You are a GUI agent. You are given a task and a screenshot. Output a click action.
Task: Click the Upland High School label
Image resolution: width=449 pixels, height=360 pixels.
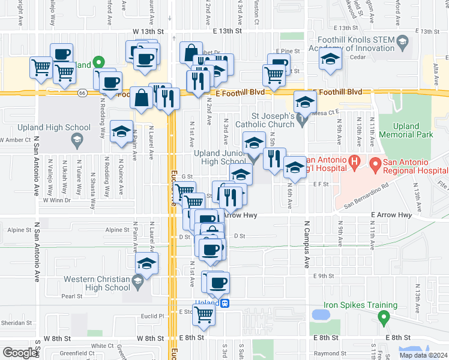point(62,127)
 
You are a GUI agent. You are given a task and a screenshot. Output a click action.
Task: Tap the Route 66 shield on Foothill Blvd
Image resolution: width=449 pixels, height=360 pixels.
point(82,92)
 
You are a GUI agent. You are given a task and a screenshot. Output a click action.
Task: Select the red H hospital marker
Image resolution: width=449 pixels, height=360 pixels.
point(354,162)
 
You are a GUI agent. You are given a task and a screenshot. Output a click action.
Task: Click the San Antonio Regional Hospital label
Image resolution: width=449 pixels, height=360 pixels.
point(406,167)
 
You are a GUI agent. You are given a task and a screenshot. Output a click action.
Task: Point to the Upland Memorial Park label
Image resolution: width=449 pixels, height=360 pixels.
point(413,130)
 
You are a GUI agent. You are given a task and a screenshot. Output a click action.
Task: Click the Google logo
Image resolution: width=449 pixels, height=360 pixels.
point(19,352)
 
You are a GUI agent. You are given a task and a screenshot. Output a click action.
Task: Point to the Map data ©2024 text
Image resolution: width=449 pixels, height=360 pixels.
point(423,355)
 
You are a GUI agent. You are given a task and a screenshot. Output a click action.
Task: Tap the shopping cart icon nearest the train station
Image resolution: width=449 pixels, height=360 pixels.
point(204,313)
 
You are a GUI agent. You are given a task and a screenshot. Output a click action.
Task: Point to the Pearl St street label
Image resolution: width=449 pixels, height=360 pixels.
point(71,296)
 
